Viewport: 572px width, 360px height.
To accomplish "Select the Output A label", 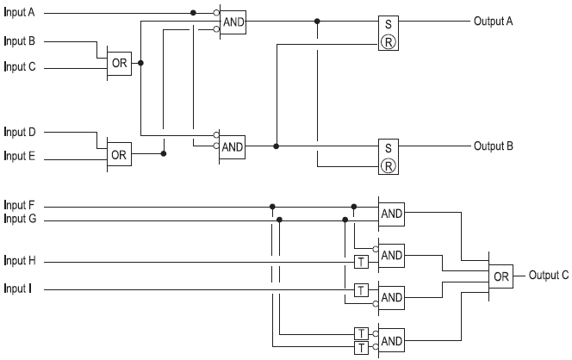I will coord(494,21).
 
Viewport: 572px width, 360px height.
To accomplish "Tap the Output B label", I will coord(494,146).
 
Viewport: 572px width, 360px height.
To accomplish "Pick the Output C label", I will coord(549,276).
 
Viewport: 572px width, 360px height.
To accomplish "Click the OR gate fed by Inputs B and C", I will coord(119,63).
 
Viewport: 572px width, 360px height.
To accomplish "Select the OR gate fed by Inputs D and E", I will coord(119,155).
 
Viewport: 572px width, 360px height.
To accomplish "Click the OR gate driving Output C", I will coord(501,276).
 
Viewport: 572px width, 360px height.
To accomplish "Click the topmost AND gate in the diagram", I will coord(233,21).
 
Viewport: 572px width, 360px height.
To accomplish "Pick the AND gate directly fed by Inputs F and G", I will coord(392,214).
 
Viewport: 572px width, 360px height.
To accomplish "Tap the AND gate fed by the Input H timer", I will coord(392,255).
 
